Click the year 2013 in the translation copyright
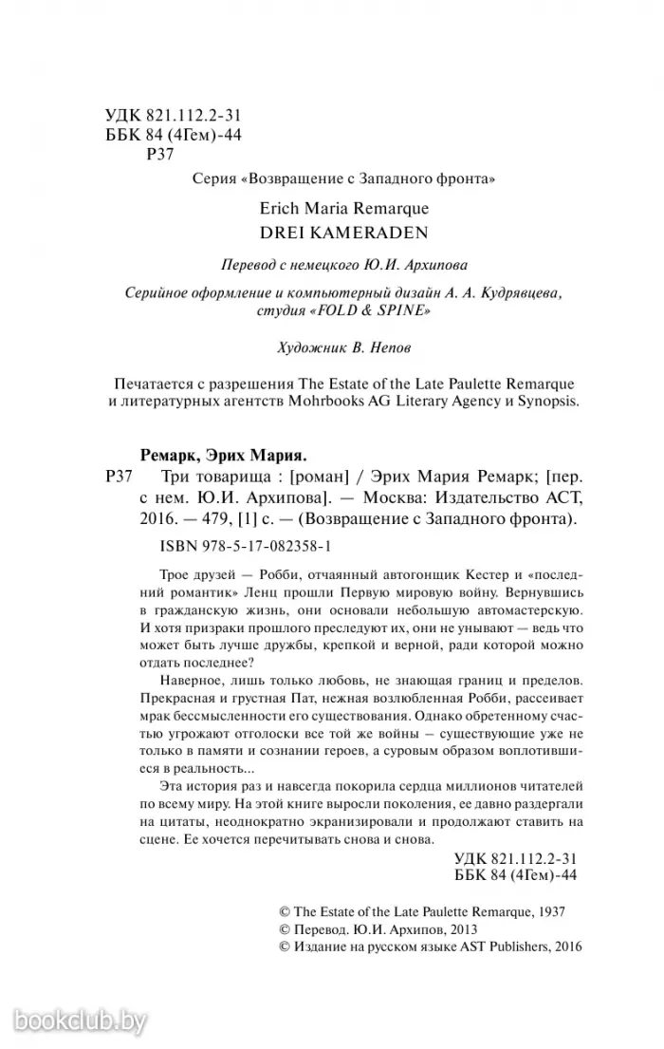click(x=459, y=928)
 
